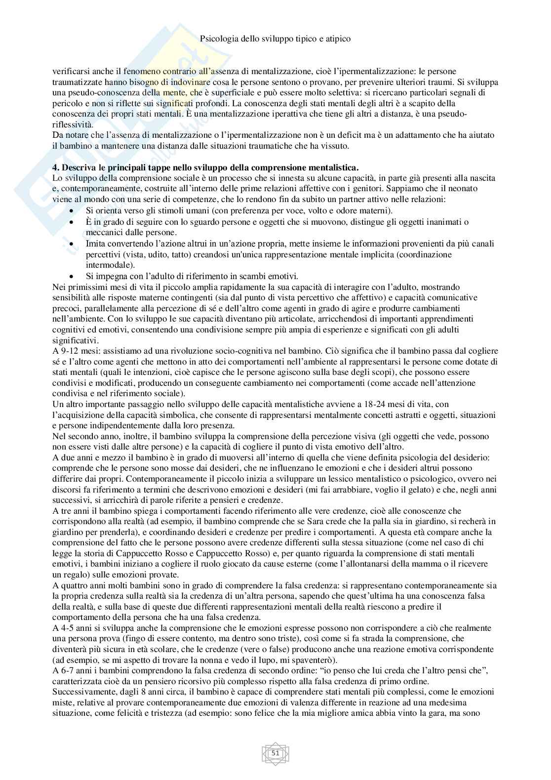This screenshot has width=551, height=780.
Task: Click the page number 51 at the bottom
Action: pos(275,753)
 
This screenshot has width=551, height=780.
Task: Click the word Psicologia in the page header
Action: pos(219,39)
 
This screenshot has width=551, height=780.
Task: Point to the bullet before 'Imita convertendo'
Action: pos(73,244)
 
